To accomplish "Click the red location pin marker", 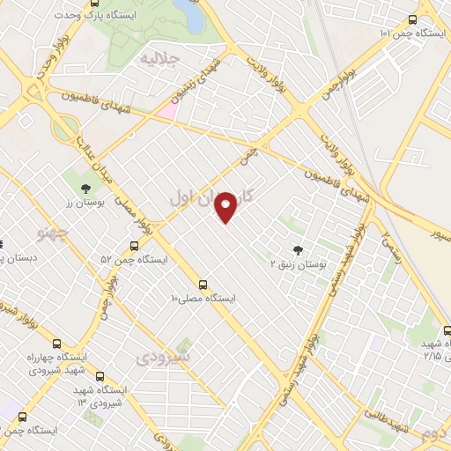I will [226, 206].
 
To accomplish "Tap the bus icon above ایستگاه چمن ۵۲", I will [134, 246].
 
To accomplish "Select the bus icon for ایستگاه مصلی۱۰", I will [203, 285].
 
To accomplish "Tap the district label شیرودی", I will [164, 359].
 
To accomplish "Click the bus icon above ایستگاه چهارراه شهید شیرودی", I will [56, 344].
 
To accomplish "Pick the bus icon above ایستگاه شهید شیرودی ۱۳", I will [100, 375].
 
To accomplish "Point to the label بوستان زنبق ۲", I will [297, 262].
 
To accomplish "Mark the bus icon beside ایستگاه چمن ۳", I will [22, 417].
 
